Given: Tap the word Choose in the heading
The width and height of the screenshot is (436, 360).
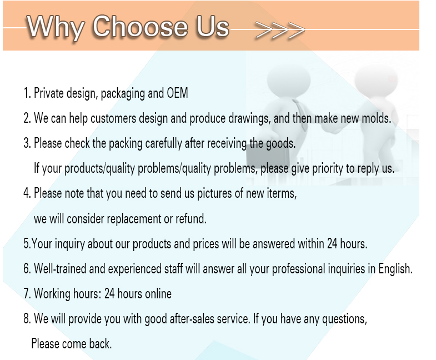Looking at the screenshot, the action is coord(141,26).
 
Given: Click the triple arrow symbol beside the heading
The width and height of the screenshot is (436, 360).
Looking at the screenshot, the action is coord(280,29).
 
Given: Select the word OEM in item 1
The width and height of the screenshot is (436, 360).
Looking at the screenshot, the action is coord(177,93).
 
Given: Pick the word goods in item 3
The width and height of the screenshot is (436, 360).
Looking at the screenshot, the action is coord(280,144).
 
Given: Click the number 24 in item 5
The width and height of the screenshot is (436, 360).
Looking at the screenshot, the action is coord(332,244).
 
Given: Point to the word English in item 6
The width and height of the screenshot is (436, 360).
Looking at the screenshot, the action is coord(395,269).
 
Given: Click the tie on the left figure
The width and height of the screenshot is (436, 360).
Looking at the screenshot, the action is coord(300,114).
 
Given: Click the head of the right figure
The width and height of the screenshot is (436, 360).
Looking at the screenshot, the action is coord(376,79).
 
